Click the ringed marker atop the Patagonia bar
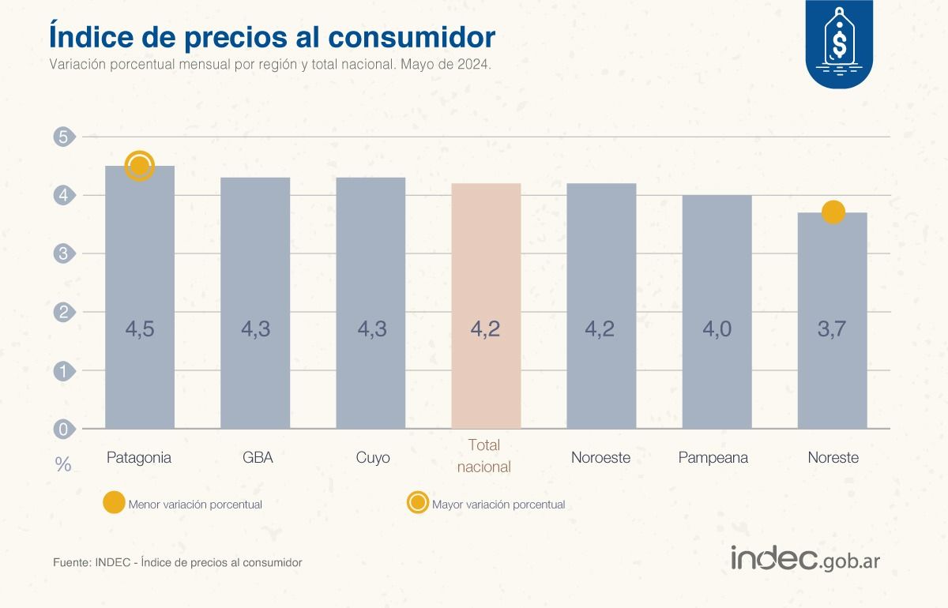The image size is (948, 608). click(140, 166)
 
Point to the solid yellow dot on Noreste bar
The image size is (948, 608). click(833, 212)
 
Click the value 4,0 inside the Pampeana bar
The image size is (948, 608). click(717, 328)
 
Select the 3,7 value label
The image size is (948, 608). click(833, 328)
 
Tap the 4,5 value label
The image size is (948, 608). click(140, 328)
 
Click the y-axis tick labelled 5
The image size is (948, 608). click(63, 137)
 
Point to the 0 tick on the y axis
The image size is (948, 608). click(63, 429)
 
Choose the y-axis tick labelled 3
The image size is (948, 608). click(63, 253)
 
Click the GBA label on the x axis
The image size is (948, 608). click(255, 458)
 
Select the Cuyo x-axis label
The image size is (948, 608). click(371, 458)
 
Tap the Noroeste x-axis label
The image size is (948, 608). click(601, 458)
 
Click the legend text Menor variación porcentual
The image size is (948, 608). click(195, 505)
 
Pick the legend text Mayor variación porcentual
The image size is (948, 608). click(498, 505)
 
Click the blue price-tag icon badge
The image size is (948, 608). click(839, 43)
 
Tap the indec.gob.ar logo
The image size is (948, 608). click(805, 559)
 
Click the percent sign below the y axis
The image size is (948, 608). click(63, 464)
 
